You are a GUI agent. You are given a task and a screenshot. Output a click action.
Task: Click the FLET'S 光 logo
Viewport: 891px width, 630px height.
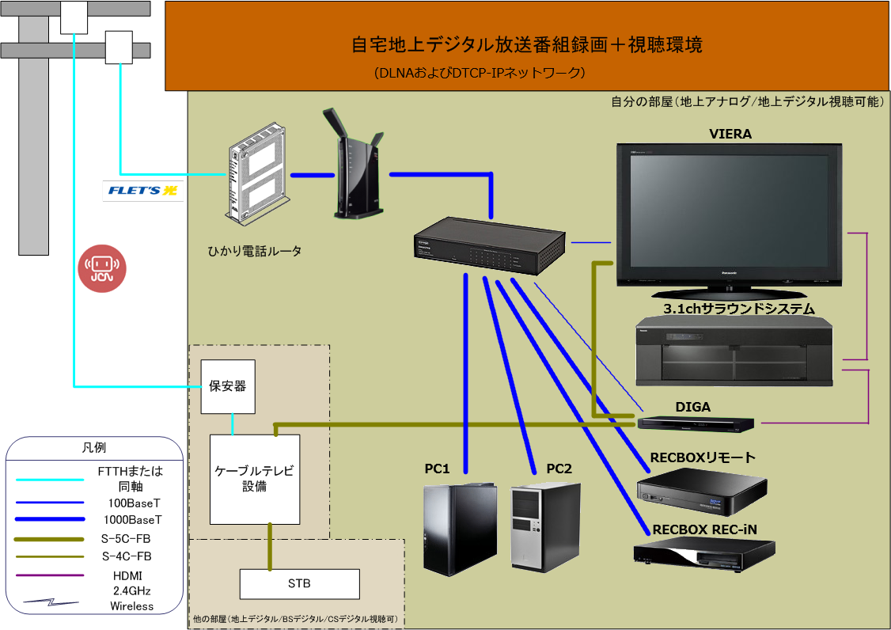coord(143,190)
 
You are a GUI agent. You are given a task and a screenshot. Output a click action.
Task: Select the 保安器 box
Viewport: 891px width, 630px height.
coord(228,386)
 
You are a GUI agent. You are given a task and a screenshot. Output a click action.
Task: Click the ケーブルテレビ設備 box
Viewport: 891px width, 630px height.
coord(255,478)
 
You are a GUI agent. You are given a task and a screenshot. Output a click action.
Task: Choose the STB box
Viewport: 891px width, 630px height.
coord(299,584)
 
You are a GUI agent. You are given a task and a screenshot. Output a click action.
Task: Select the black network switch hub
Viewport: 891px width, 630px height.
coord(489,245)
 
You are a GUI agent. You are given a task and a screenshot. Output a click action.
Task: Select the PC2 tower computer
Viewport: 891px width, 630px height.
coord(545,526)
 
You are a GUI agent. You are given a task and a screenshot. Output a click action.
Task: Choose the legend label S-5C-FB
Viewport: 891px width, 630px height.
coord(131,539)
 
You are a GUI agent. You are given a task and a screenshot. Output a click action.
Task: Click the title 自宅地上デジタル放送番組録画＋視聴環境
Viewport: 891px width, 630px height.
coord(526,45)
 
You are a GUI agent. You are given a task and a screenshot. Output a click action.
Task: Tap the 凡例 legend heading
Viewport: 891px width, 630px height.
coord(94,448)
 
